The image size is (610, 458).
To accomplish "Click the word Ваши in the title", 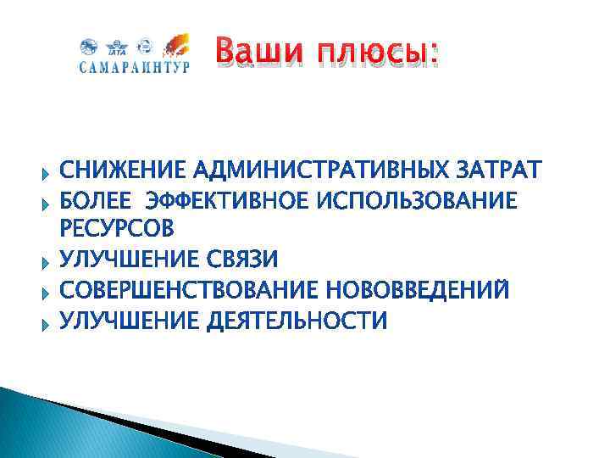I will (x=262, y=52).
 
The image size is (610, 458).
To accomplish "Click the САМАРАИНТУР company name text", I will (x=135, y=68).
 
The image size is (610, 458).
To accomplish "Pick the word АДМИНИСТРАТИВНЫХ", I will (x=324, y=170).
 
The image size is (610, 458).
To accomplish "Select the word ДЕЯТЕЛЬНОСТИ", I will (x=296, y=321).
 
